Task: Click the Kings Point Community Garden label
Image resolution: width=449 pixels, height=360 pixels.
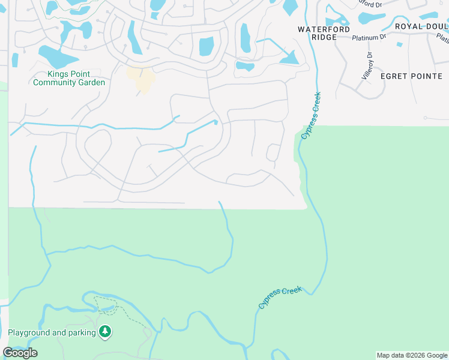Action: pyautogui.click(x=69, y=78)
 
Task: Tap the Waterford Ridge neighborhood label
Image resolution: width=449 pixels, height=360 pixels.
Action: pyautogui.click(x=324, y=32)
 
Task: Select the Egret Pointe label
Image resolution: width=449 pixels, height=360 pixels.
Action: pyautogui.click(x=411, y=76)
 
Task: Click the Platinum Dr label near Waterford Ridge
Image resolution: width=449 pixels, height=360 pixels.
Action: pyautogui.click(x=369, y=37)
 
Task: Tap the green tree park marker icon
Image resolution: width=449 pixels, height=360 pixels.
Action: pyautogui.click(x=106, y=331)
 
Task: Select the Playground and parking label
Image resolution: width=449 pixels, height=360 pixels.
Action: pyautogui.click(x=52, y=332)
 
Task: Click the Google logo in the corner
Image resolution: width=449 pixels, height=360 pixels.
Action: pyautogui.click(x=20, y=353)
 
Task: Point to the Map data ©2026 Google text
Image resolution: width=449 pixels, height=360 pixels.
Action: pyautogui.click(x=412, y=355)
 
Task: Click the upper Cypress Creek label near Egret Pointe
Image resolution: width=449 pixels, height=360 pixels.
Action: pyautogui.click(x=311, y=116)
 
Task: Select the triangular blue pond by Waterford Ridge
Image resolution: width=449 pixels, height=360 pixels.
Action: pyautogui.click(x=289, y=57)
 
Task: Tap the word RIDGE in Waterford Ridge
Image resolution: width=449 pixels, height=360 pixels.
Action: pyautogui.click(x=324, y=37)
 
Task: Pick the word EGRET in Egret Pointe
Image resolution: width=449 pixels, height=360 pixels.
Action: pyautogui.click(x=393, y=76)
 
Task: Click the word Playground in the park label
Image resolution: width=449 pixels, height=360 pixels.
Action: pyautogui.click(x=30, y=332)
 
